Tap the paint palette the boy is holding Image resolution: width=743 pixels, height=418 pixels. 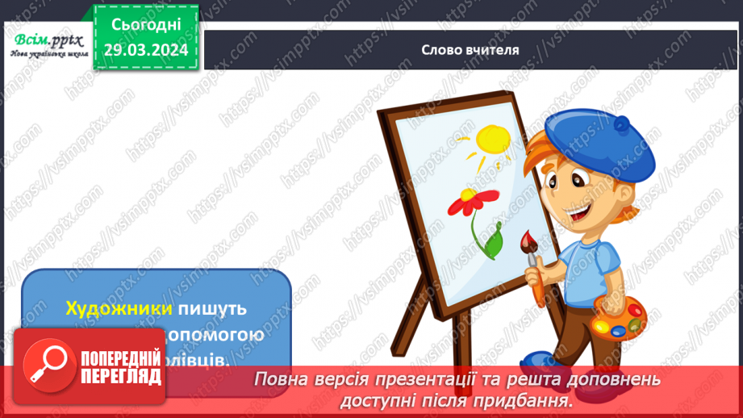coord(620,319)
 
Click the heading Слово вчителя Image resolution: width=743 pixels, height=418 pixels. coord(470,49)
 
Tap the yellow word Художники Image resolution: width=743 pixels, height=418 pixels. coord(119,308)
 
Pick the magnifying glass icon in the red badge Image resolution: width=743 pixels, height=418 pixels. coord(46,365)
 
